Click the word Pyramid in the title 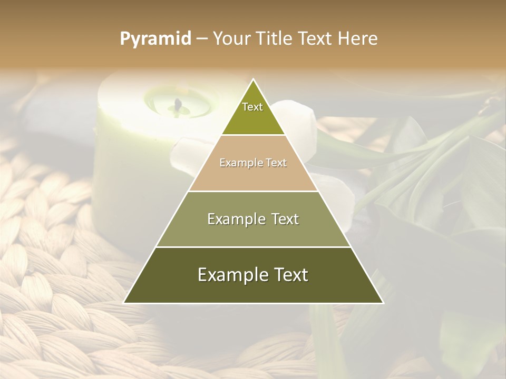point(155,39)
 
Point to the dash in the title point(202,39)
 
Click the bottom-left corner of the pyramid point(124,303)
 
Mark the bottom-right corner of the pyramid point(383,303)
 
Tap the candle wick point(178,105)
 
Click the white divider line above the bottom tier point(253,247)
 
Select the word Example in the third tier point(237,219)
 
